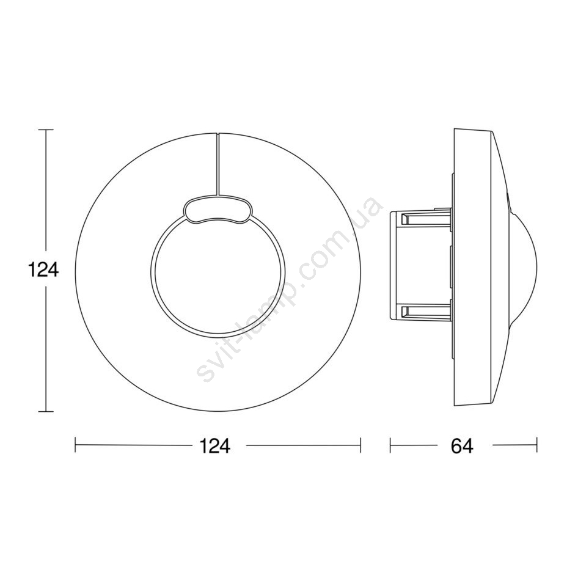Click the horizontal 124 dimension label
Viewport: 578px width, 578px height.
[x=215, y=445]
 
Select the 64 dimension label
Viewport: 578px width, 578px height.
[x=462, y=445]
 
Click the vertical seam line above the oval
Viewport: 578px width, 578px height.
[x=218, y=164]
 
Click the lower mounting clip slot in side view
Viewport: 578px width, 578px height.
[x=425, y=312]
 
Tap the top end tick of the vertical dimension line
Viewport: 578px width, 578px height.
[x=46, y=130]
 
